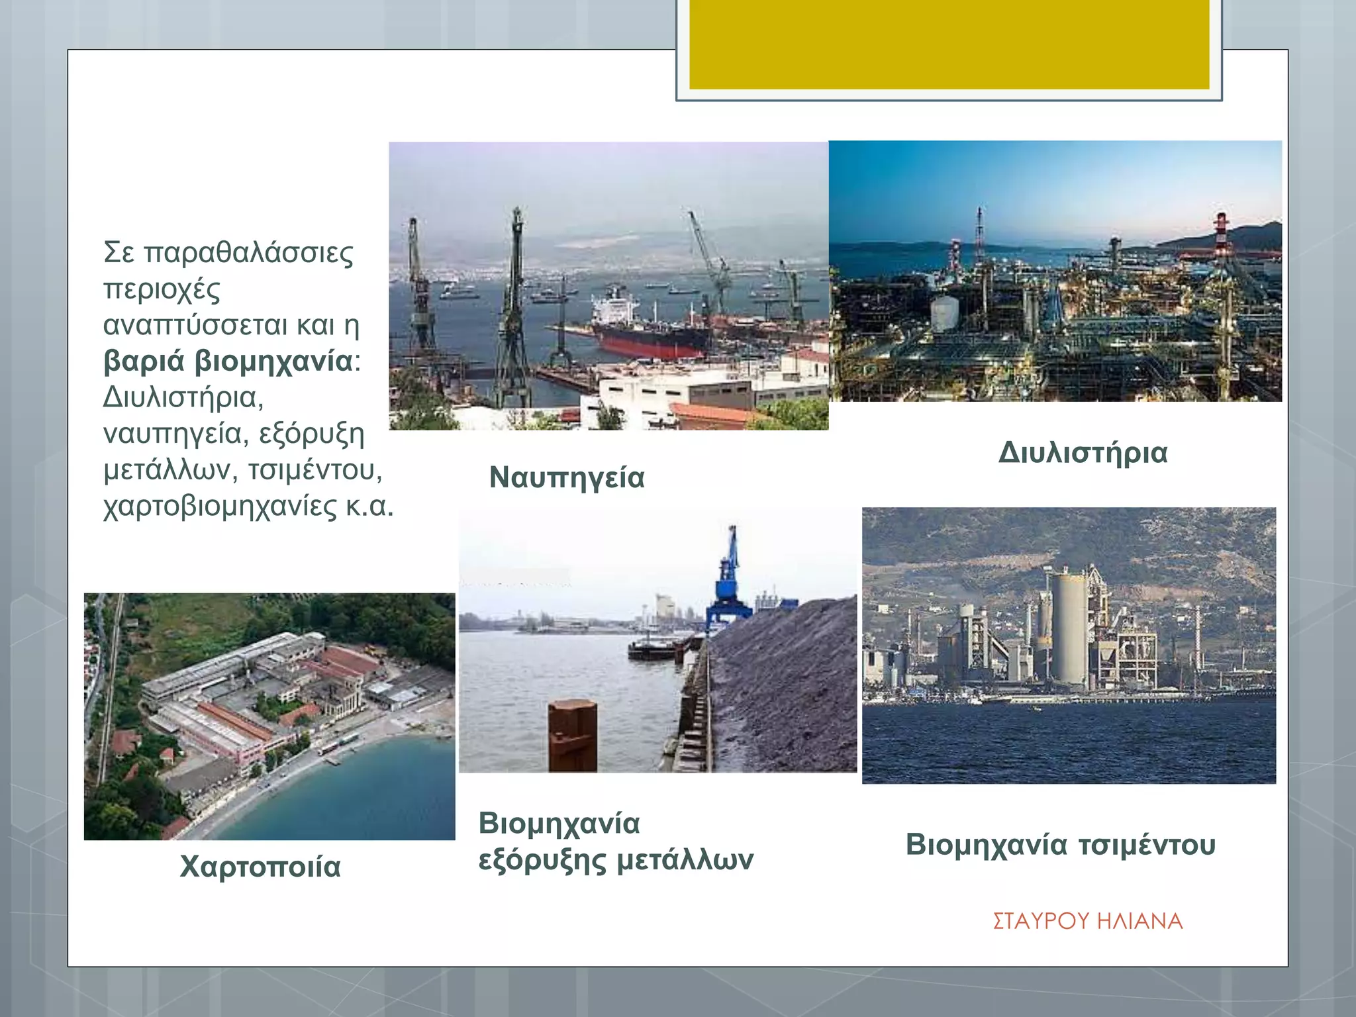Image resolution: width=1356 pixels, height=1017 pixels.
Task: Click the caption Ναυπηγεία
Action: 567,477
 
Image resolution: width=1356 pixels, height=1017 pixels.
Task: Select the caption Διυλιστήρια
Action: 1083,453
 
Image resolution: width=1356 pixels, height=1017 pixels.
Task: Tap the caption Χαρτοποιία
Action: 260,866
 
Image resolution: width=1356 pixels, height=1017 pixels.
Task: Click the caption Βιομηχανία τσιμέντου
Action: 1060,845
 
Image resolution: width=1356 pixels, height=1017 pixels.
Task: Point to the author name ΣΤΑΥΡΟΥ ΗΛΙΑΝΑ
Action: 1087,921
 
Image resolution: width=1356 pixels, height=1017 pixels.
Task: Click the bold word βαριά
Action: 144,362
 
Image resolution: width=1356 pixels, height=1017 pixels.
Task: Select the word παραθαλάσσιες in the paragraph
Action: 248,252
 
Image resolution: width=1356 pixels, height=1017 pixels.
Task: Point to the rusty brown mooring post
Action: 572,735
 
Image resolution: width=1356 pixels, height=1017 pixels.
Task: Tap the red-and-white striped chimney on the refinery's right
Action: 1221,238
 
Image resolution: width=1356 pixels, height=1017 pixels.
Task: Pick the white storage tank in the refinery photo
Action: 945,313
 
